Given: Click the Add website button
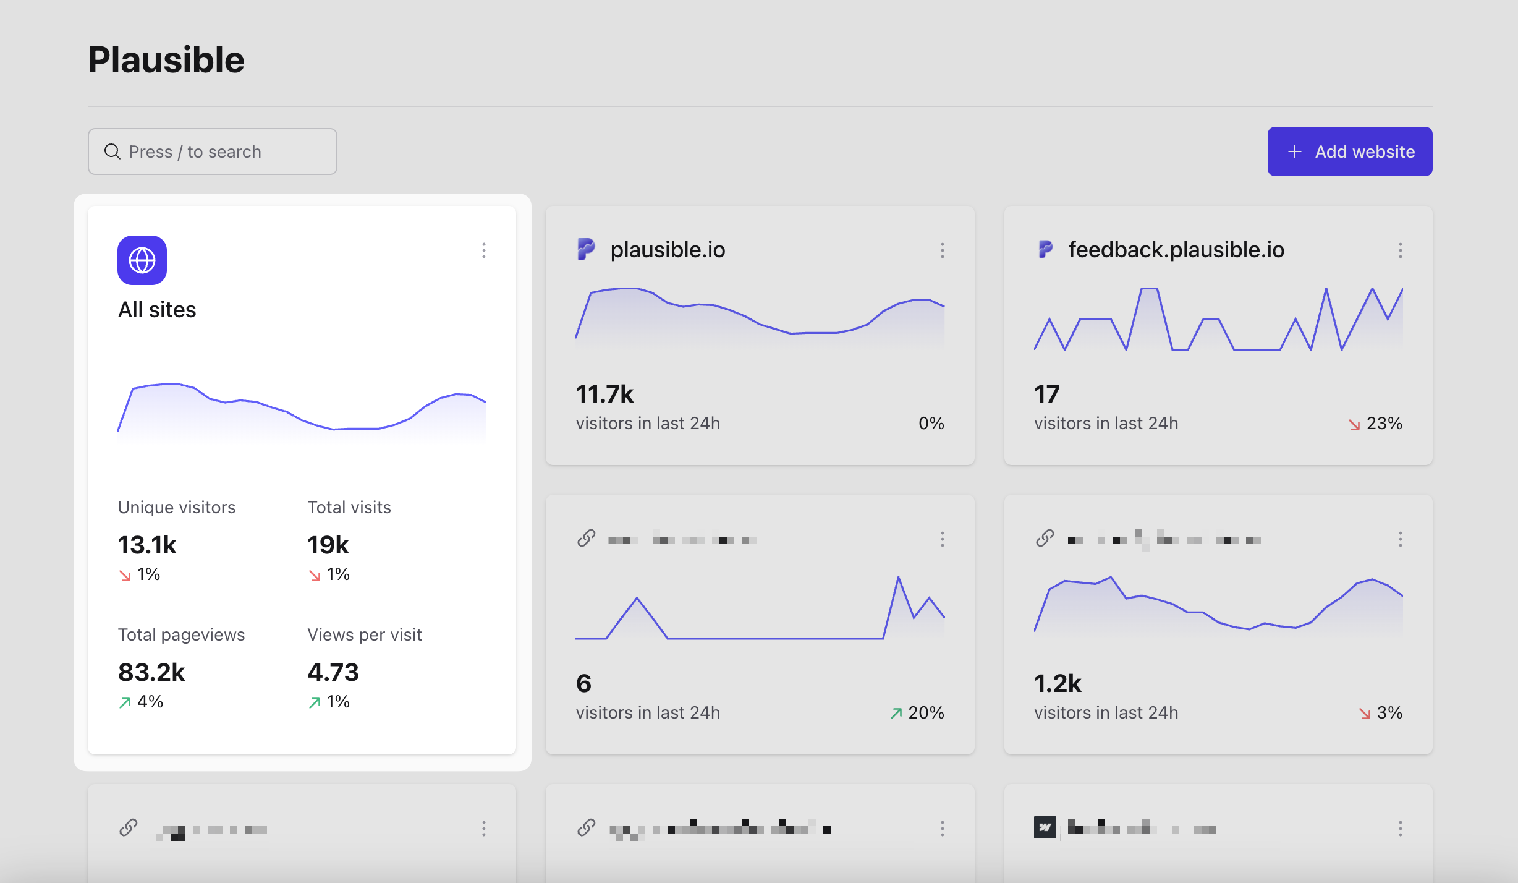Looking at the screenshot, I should (x=1349, y=151).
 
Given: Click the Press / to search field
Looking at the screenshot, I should (x=213, y=151).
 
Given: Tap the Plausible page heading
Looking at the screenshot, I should (x=166, y=60).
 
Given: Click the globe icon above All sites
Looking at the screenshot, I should (x=142, y=260).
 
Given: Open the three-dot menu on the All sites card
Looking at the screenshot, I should (x=484, y=250).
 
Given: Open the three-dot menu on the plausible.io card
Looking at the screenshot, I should (x=942, y=250).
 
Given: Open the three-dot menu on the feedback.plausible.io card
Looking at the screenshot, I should (x=1400, y=250).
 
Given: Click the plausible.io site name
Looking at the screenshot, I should (x=668, y=250).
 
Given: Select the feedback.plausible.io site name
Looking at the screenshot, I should (x=1176, y=250).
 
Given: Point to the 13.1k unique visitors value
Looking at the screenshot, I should (x=147, y=545).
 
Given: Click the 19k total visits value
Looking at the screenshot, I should (x=328, y=545).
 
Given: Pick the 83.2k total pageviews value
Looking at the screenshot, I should (x=151, y=673).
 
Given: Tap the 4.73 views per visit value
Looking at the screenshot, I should (x=333, y=673).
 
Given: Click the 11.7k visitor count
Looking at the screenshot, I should (x=604, y=395).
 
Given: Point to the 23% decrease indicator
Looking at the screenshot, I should (x=1376, y=424).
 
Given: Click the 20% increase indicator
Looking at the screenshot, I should (x=917, y=713).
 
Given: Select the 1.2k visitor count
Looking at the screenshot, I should (x=1058, y=684).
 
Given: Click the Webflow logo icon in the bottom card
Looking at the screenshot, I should (x=1045, y=827).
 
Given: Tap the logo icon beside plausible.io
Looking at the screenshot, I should (x=586, y=249).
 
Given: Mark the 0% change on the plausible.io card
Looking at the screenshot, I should (x=931, y=424).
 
